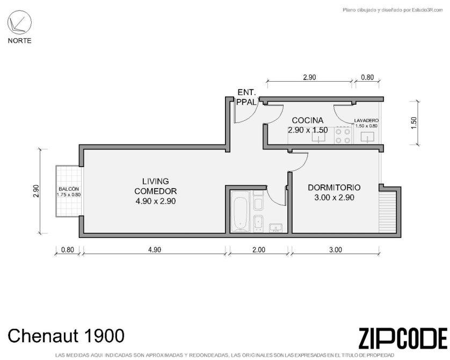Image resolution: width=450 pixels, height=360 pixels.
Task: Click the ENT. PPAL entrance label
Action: pyautogui.click(x=246, y=97)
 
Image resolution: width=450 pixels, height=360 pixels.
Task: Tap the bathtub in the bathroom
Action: pyautogui.click(x=241, y=211)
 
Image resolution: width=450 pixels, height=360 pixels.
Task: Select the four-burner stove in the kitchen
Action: pyautogui.click(x=343, y=136)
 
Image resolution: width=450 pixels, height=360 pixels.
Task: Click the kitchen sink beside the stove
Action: pyautogui.click(x=319, y=137)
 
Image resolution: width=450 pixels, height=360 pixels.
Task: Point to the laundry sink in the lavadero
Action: pyautogui.click(x=367, y=137)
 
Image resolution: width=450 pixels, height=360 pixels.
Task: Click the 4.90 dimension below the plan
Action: pyautogui.click(x=155, y=250)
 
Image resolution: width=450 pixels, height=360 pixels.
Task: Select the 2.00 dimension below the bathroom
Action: pyautogui.click(x=259, y=250)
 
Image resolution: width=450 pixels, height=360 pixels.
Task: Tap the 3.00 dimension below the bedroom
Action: pyautogui.click(x=335, y=250)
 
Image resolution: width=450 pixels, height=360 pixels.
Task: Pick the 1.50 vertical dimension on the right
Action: pyautogui.click(x=413, y=123)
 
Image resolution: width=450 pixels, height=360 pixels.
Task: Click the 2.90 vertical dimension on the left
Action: pyautogui.click(x=36, y=191)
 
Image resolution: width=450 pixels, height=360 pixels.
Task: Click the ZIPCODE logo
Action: pyautogui.click(x=403, y=339)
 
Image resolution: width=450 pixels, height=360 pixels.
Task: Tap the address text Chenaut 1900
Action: pyautogui.click(x=66, y=336)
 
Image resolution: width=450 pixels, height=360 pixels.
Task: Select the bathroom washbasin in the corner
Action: pyautogui.click(x=275, y=228)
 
